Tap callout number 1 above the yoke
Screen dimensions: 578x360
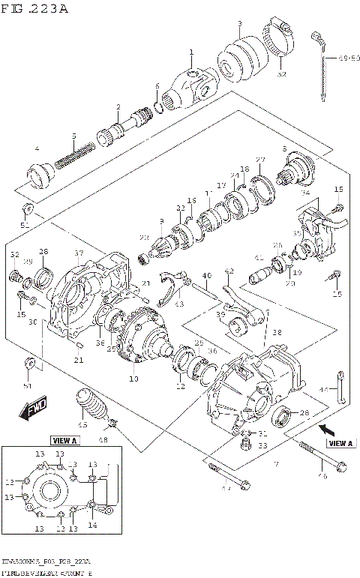pyautogui.click(x=191, y=52)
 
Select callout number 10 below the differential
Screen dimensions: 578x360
pyautogui.click(x=134, y=379)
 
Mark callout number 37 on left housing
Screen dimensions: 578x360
pyautogui.click(x=78, y=253)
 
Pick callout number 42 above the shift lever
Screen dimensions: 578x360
pyautogui.click(x=229, y=271)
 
